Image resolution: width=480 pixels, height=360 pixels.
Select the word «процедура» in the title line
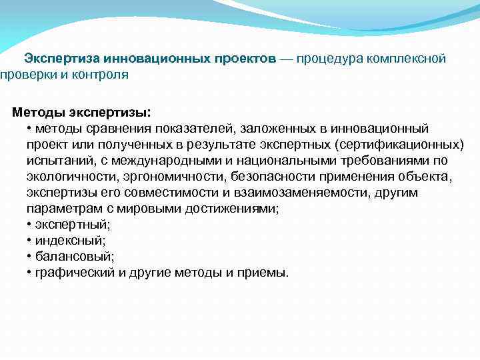point(328,59)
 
